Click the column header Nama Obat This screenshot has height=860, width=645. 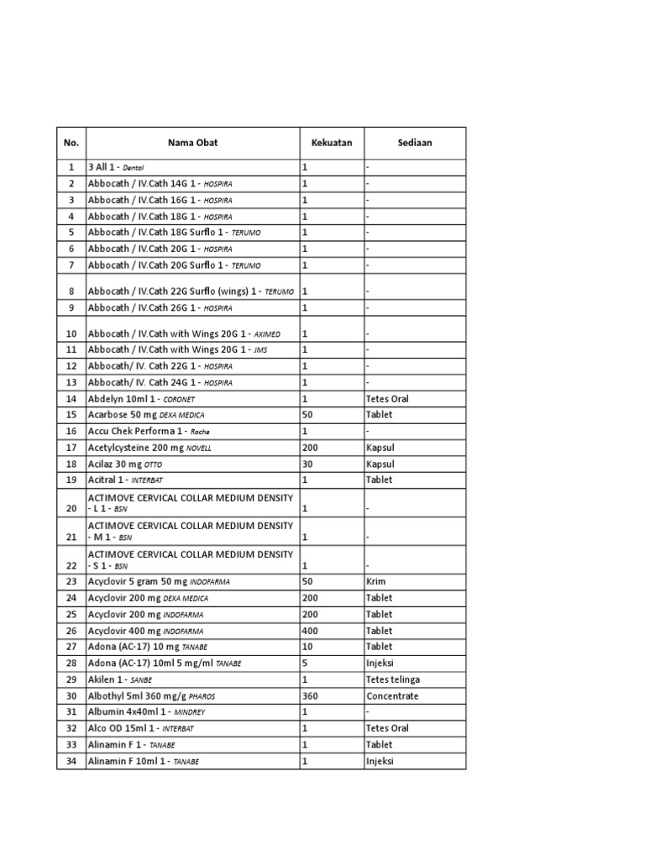(192, 143)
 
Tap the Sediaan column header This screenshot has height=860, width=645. (414, 143)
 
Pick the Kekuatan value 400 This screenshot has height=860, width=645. (310, 631)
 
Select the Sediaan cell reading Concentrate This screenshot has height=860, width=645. (392, 696)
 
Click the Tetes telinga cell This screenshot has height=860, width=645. (393, 679)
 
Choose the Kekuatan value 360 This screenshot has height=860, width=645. (310, 696)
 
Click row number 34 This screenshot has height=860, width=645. (71, 761)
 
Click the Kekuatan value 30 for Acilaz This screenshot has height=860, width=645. (307, 464)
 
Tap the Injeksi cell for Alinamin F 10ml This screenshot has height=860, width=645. (380, 761)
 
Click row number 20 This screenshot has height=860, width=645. (71, 508)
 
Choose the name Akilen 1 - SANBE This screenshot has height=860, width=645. (120, 679)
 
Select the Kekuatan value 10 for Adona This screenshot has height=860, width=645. (307, 647)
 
